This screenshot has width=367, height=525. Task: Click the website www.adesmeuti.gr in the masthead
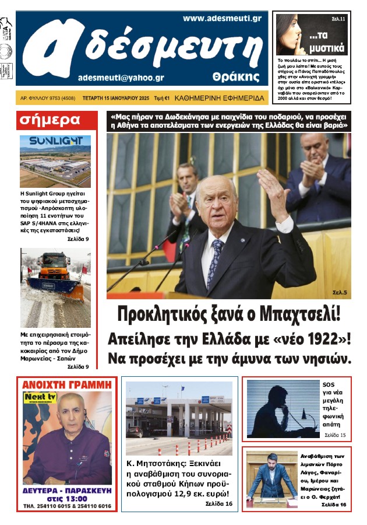221,19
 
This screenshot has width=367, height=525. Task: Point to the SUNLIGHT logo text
56,142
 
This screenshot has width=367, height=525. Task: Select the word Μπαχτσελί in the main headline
297,314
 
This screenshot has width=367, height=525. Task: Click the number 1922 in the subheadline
314,339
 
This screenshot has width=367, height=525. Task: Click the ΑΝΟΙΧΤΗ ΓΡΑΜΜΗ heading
65,384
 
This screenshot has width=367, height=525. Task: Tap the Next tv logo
36,397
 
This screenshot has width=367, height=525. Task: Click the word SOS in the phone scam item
329,384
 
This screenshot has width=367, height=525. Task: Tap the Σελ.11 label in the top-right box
338,19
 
